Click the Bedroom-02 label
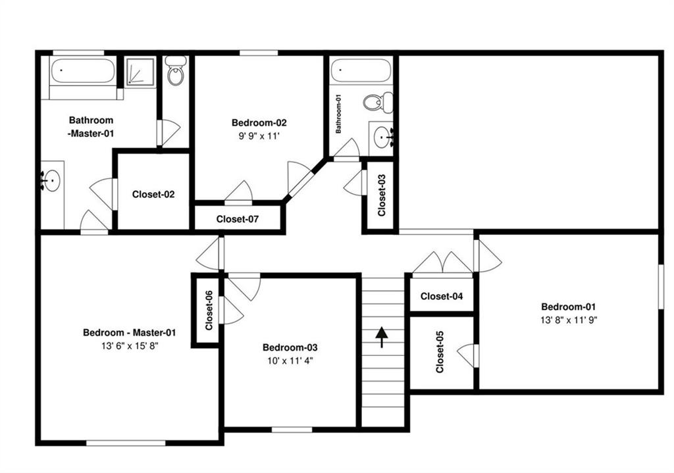259,123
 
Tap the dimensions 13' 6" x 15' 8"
130,346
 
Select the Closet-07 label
237,219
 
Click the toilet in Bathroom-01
378,103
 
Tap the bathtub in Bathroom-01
361,70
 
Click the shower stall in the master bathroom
140,72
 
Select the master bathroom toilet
176,70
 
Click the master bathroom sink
51,180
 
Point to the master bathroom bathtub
82,71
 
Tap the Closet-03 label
381,195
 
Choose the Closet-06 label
209,310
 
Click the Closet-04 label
442,297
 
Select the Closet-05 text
440,352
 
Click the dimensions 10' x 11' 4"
290,361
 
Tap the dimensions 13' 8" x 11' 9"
569,320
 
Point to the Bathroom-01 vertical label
338,114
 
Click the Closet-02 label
153,194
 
